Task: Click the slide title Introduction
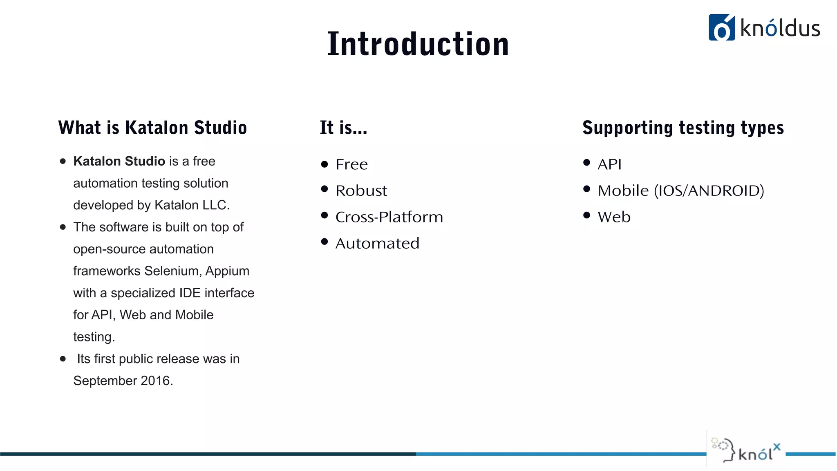(418, 44)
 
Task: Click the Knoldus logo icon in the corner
(721, 28)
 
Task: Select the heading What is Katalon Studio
(152, 128)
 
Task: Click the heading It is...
(343, 128)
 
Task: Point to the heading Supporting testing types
(683, 128)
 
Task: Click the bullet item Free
(351, 164)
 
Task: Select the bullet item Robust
(361, 191)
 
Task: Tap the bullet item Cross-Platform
(389, 217)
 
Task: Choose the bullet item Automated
(377, 243)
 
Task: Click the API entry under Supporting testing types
(609, 164)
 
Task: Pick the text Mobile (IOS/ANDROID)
(680, 191)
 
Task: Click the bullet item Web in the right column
(614, 217)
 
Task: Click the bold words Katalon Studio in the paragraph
(119, 161)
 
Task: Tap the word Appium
(227, 271)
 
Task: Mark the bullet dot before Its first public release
(63, 359)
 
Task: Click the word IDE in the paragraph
(190, 293)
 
